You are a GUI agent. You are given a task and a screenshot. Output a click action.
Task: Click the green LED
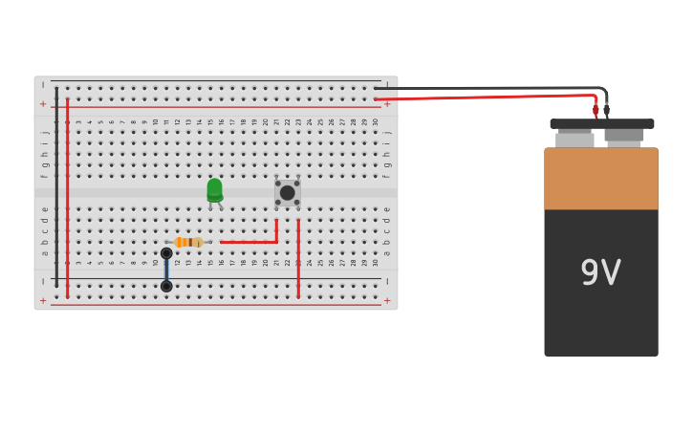point(214,189)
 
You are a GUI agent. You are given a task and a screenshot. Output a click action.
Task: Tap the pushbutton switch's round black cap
point(287,193)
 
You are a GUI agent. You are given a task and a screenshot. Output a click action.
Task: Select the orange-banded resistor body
point(188,242)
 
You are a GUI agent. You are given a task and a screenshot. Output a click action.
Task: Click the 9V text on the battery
point(600,273)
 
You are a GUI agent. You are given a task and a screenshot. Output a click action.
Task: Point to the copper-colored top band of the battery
point(600,178)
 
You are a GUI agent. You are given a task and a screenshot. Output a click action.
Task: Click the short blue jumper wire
point(166,270)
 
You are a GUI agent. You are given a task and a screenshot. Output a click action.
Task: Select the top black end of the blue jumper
point(166,253)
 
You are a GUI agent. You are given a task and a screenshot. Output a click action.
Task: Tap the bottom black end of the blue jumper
point(166,286)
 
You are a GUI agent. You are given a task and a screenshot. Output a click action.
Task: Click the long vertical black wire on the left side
point(56,191)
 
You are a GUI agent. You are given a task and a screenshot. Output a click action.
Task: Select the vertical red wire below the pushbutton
point(298,258)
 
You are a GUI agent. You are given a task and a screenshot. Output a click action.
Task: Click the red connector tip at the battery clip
point(596,111)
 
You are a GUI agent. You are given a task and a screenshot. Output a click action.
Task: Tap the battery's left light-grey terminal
point(574,140)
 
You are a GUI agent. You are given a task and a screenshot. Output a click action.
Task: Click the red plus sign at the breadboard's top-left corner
point(43,103)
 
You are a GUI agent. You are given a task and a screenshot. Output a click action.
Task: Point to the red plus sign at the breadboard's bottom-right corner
point(387,300)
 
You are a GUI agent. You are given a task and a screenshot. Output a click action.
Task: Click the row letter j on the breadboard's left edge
point(44,130)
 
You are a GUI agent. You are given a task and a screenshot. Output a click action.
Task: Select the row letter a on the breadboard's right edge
point(387,253)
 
